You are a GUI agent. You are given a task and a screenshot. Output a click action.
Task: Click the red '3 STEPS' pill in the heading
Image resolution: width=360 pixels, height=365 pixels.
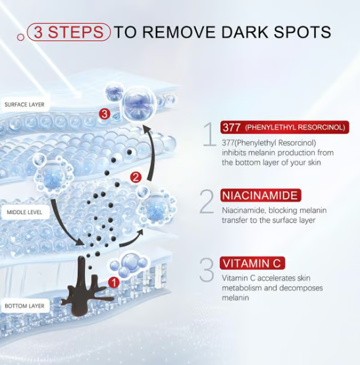click(68, 32)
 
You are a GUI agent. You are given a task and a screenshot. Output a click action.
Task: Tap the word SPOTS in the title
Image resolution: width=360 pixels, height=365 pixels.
click(302, 32)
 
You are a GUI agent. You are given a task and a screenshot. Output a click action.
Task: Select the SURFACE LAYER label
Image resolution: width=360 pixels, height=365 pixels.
click(24, 105)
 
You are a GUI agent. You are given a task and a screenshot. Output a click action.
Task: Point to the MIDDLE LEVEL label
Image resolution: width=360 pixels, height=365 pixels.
click(24, 212)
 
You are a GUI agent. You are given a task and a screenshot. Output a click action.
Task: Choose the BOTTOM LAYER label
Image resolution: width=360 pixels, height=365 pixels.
click(24, 306)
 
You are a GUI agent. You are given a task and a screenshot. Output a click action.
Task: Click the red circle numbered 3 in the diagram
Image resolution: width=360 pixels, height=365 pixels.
click(105, 114)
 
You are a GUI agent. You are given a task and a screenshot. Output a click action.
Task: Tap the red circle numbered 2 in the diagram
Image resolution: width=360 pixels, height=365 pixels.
click(136, 177)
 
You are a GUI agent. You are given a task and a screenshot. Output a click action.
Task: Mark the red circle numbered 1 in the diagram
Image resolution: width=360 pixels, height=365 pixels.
click(114, 283)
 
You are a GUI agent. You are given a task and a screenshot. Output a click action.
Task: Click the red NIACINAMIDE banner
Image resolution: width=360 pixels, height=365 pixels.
click(261, 195)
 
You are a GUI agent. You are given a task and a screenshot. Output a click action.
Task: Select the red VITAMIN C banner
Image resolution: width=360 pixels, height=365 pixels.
click(252, 263)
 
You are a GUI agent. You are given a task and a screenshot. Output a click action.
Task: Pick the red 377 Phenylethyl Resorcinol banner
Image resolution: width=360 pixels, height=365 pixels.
click(285, 127)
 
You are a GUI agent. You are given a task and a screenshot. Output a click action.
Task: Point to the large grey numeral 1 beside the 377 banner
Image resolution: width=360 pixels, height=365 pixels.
click(210, 134)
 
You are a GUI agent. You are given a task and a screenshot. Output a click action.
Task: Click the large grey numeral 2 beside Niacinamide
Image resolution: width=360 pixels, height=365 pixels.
click(207, 202)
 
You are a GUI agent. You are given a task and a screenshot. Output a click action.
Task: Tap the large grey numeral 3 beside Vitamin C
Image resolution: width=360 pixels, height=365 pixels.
click(207, 269)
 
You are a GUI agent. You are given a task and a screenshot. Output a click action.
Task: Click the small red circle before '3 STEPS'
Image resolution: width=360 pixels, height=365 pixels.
click(20, 37)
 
